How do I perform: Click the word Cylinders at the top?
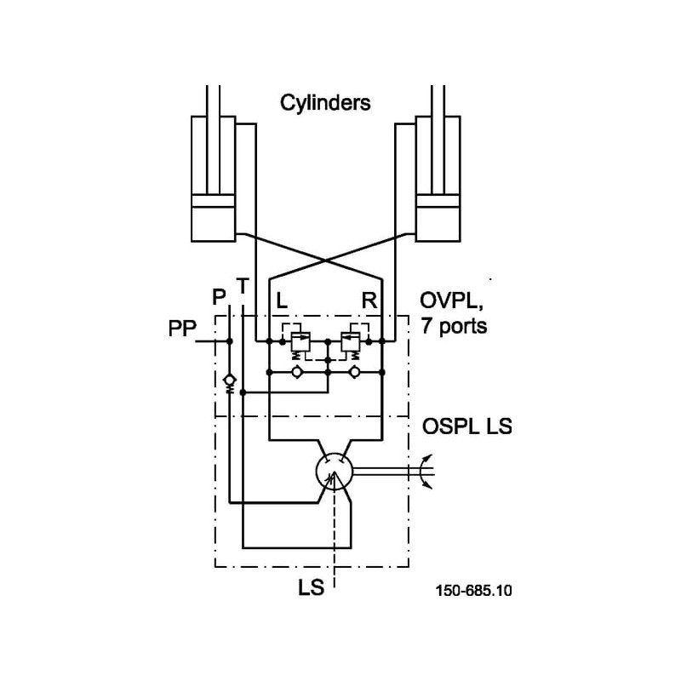click(325, 104)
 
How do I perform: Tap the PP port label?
click(181, 329)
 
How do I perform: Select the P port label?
click(219, 296)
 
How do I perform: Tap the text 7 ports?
click(455, 325)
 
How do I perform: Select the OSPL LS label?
click(466, 426)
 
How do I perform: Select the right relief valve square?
click(348, 341)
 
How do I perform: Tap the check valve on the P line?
click(229, 380)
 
